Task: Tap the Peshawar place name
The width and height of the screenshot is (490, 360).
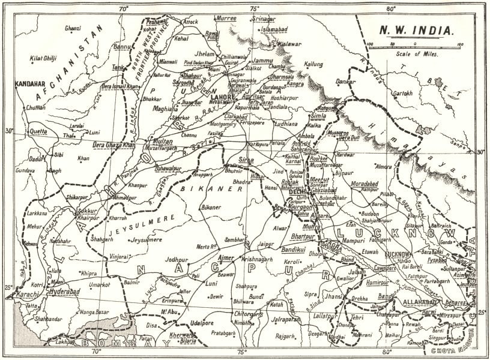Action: click(156, 20)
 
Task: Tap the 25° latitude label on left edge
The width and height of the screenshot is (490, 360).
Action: click(8, 289)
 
